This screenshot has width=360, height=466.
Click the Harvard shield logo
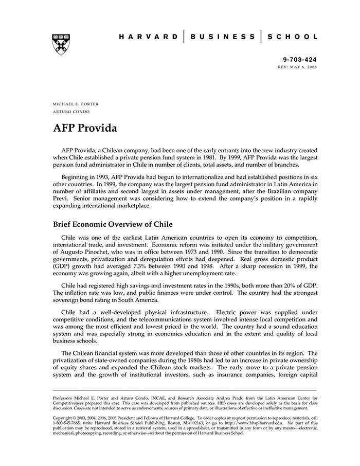pos(61,44)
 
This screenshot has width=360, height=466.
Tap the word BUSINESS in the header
pos(222,37)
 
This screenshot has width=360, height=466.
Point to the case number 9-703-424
pos(300,60)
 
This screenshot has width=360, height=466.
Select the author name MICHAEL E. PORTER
pos(76,104)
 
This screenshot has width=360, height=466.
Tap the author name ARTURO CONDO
pos(71,112)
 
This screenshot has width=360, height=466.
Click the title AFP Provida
pos(85,128)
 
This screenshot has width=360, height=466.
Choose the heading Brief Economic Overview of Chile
pos(113,224)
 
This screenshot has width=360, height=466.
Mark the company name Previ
pos(62,198)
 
